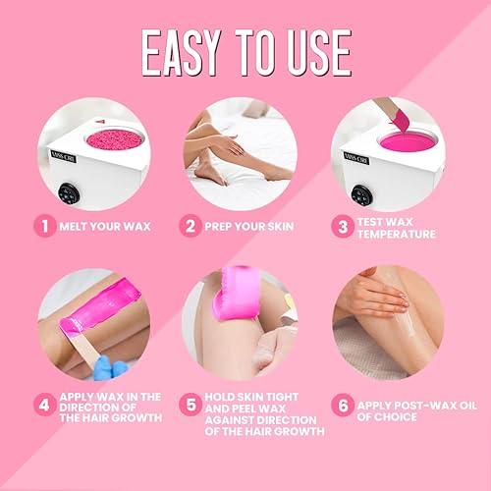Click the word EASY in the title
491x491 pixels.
[191, 53]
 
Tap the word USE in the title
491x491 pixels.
[310, 53]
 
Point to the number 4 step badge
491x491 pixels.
[43, 405]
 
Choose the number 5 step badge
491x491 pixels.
[191, 405]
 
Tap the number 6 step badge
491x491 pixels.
[342, 405]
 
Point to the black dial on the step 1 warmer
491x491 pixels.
[68, 193]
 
